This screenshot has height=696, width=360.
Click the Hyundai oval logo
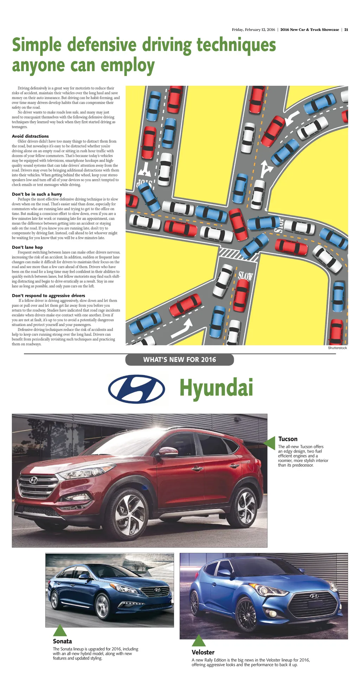pyautogui.click(x=136, y=389)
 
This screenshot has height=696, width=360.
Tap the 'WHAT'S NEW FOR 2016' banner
pyautogui.click(x=179, y=359)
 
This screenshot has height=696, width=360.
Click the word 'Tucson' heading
pyautogui.click(x=288, y=439)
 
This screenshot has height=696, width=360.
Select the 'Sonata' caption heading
pyautogui.click(x=62, y=641)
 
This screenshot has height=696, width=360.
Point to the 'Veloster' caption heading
pyautogui.click(x=203, y=652)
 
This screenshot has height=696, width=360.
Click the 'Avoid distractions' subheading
pyautogui.click(x=30, y=136)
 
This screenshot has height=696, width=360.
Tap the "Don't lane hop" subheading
pyautogui.click(x=27, y=247)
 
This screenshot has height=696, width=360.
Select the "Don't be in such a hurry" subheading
pyautogui.click(x=37, y=194)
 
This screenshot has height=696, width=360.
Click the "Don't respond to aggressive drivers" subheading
pyautogui.click(x=49, y=295)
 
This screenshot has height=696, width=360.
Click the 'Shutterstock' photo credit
pyautogui.click(x=337, y=348)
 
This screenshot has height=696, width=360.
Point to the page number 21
pyautogui.click(x=346, y=30)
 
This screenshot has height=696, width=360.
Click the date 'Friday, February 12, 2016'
pyautogui.click(x=253, y=30)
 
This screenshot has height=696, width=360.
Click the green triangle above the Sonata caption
pyautogui.click(x=60, y=630)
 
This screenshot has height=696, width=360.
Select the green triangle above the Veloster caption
pyautogui.click(x=199, y=640)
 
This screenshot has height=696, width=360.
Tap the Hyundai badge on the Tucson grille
pyautogui.click(x=33, y=480)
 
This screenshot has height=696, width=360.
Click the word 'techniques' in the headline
pyautogui.click(x=236, y=46)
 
